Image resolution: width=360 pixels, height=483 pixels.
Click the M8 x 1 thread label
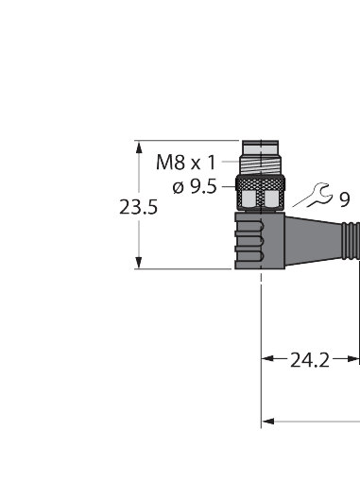(x=185, y=161)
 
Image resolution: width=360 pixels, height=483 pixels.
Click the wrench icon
(x=312, y=198)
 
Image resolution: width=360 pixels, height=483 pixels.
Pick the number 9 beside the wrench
(x=344, y=199)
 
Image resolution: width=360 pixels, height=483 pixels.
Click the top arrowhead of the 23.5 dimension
(x=141, y=147)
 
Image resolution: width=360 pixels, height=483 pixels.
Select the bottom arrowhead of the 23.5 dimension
(x=141, y=264)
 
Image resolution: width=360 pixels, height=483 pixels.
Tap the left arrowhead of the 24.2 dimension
(x=267, y=359)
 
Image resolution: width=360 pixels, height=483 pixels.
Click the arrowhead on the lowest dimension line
(x=267, y=419)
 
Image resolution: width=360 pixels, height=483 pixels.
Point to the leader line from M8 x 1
(x=229, y=162)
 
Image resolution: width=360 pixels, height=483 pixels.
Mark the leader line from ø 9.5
(x=227, y=187)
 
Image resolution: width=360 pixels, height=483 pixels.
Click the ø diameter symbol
(x=179, y=186)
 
